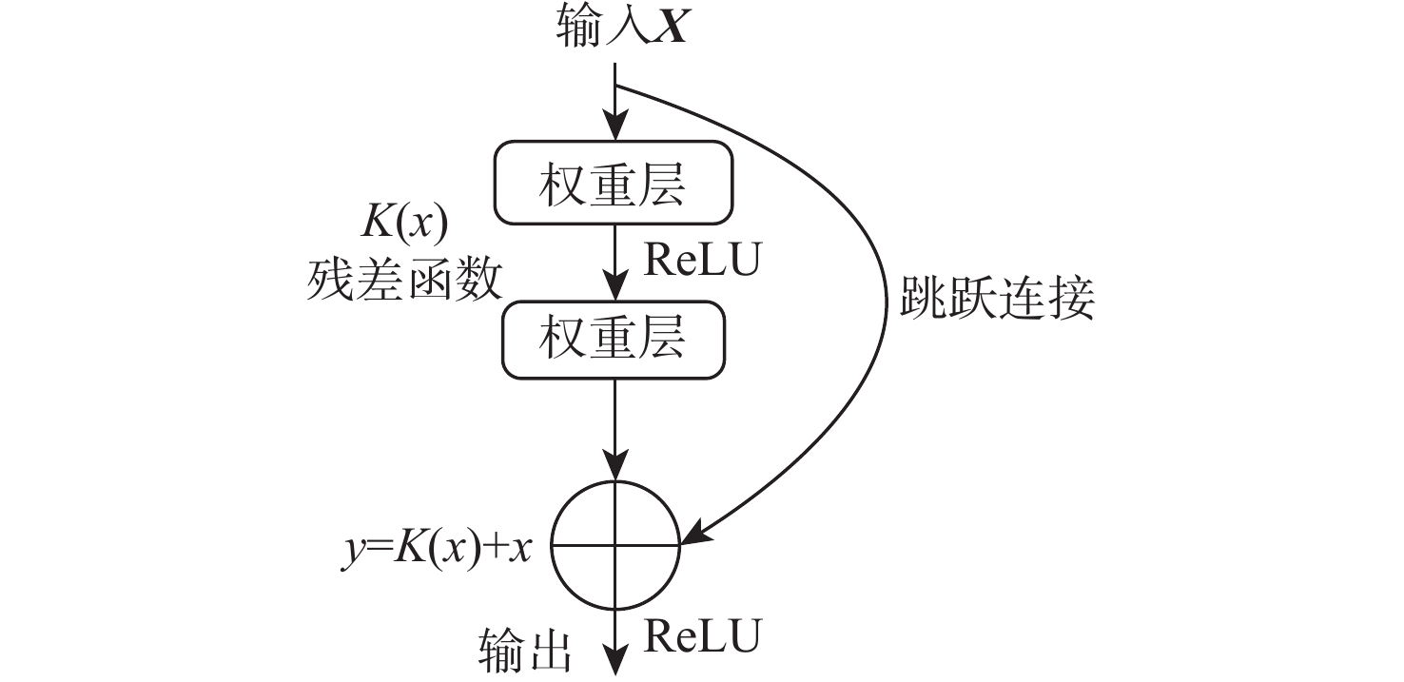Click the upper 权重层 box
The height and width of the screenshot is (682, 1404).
(x=614, y=185)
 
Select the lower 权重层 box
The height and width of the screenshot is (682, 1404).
(x=614, y=341)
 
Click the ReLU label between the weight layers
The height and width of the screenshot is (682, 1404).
(x=701, y=260)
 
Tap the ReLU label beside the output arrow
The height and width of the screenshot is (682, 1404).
(x=701, y=634)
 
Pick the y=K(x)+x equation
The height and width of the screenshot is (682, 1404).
(x=437, y=549)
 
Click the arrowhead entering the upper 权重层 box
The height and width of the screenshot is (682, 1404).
(x=616, y=132)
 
